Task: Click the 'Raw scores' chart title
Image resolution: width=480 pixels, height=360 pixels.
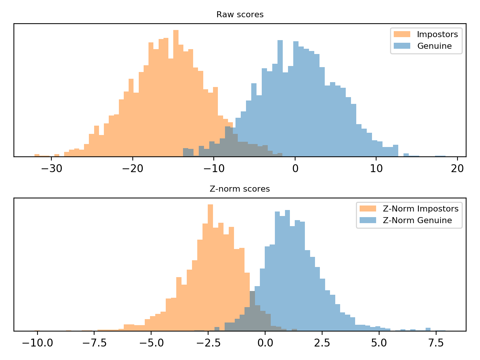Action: [x=240, y=15]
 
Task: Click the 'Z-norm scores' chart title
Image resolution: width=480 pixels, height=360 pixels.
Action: [x=240, y=189]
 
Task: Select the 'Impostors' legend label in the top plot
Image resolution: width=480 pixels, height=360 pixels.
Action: [x=437, y=34]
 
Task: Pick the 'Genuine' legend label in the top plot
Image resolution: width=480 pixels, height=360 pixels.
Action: [x=434, y=46]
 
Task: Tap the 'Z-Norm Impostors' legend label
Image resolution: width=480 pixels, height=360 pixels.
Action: [x=420, y=209]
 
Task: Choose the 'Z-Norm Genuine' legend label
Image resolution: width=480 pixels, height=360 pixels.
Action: [x=417, y=220]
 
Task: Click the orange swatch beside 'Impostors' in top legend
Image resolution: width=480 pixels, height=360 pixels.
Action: [x=402, y=34]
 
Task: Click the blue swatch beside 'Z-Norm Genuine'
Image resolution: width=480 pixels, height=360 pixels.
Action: [x=368, y=220]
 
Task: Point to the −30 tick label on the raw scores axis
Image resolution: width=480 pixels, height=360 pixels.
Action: [x=51, y=168]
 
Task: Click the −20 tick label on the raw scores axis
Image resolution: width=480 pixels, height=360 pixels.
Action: [x=132, y=168]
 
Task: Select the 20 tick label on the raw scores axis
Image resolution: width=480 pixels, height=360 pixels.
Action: [x=457, y=168]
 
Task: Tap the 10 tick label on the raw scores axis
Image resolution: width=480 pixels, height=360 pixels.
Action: [x=376, y=168]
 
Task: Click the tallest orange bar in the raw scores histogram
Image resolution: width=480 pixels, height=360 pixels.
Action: [x=176, y=94]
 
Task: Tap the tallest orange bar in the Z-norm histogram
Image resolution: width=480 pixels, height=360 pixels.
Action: [x=210, y=268]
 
